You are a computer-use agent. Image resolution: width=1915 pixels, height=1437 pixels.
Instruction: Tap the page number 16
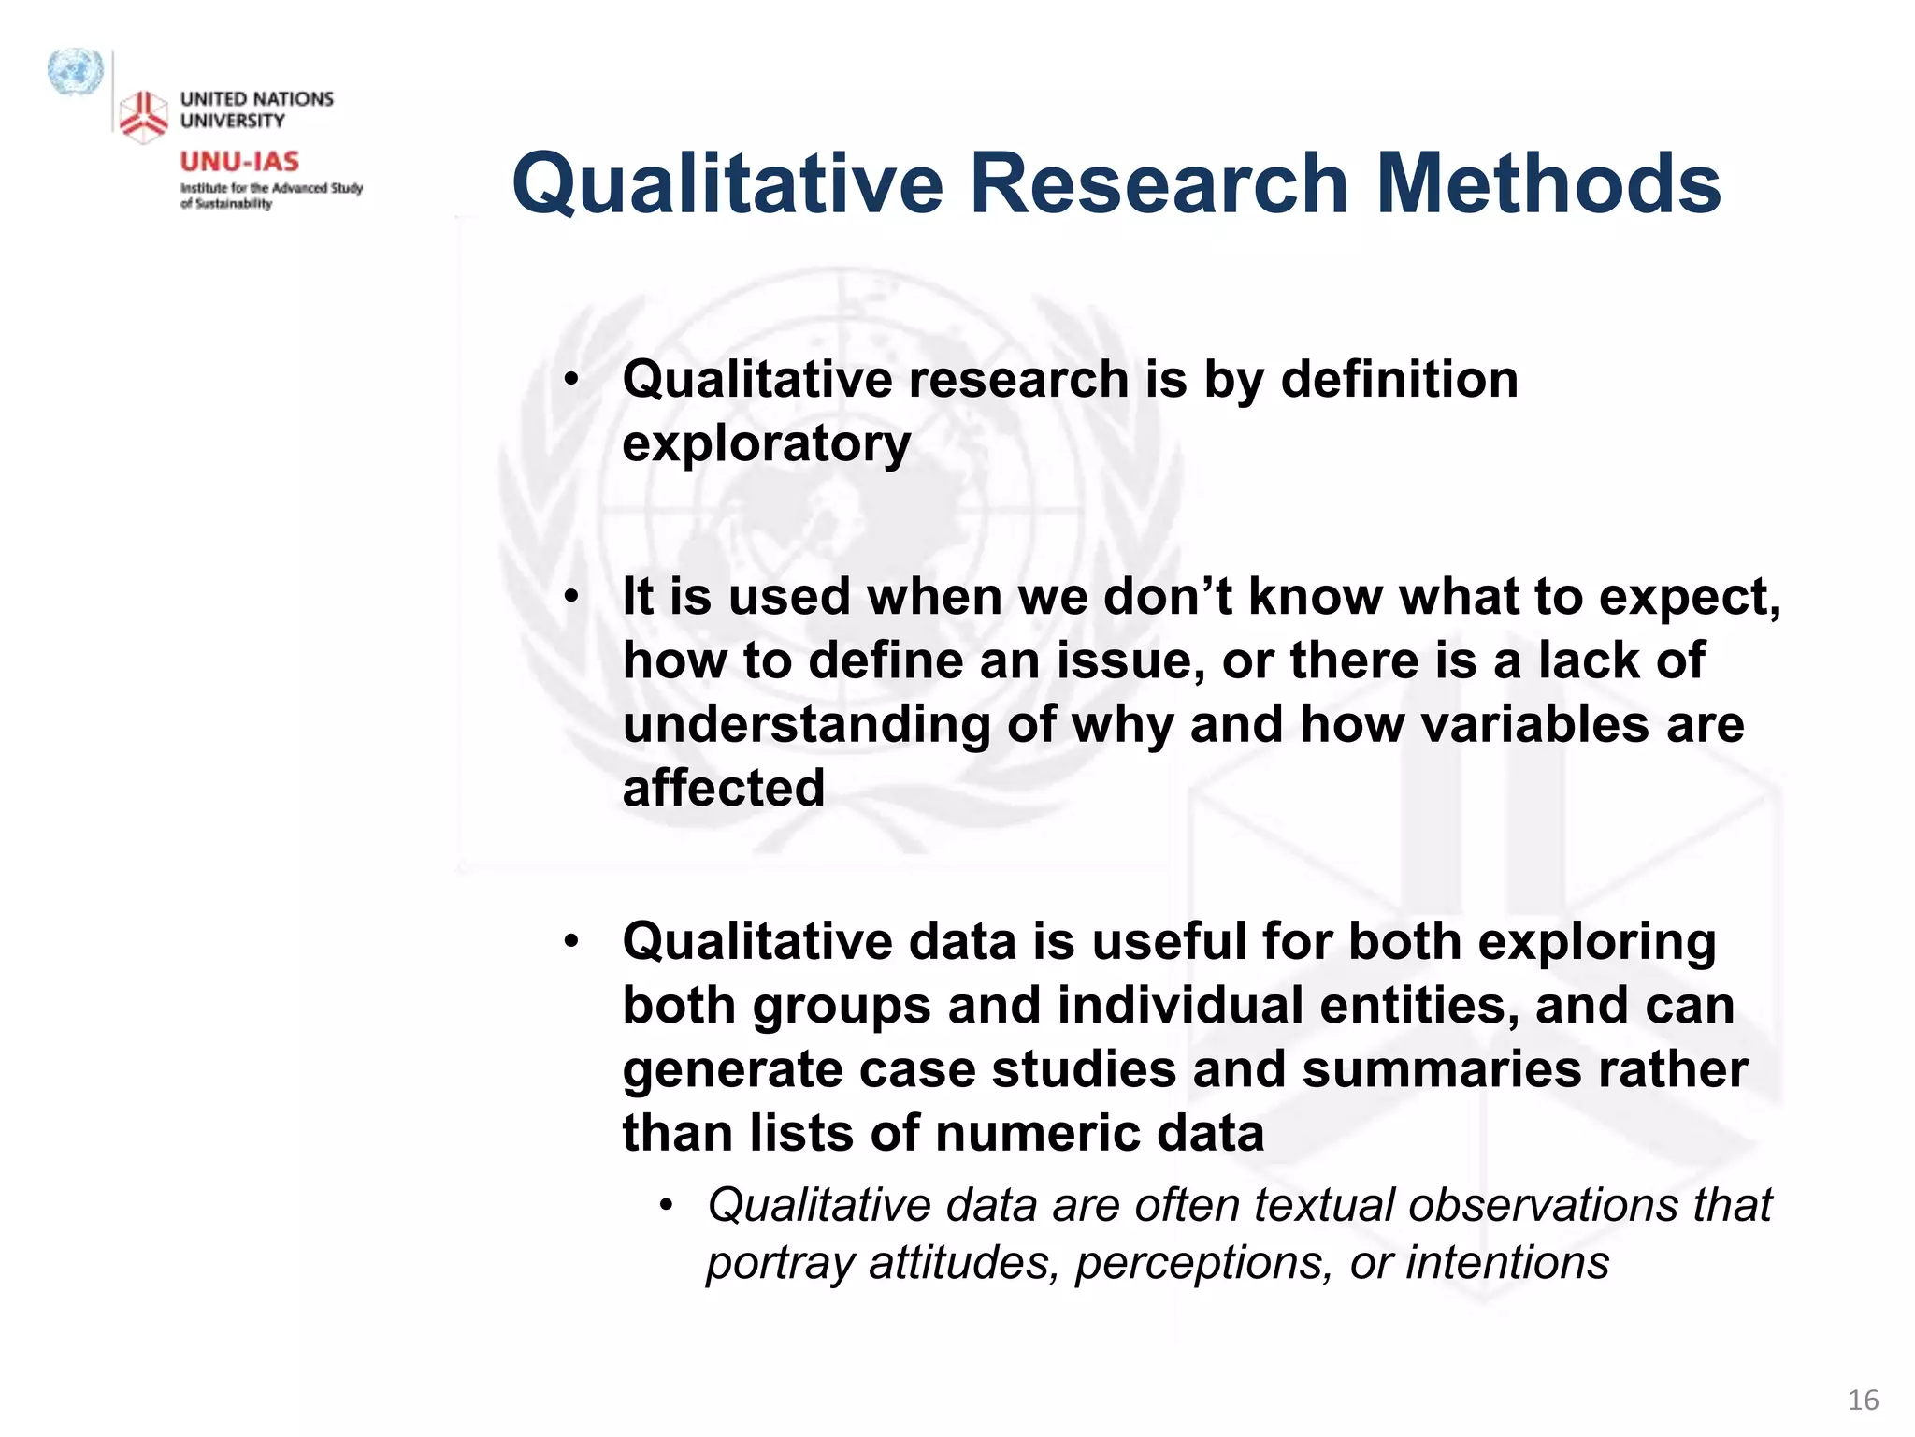[1863, 1400]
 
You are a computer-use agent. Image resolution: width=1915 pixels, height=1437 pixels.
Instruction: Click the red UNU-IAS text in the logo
[239, 162]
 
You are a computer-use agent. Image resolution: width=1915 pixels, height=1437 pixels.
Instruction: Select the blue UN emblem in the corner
[75, 72]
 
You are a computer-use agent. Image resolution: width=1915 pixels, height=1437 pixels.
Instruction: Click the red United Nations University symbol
[143, 117]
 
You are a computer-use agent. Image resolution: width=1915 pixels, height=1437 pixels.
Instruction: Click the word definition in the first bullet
[1399, 380]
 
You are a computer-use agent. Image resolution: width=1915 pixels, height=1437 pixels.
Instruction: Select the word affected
[723, 788]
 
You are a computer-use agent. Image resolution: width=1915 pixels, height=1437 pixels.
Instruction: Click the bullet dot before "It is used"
[571, 597]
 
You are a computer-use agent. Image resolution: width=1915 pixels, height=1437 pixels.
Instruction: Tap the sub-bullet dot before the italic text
[666, 1205]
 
